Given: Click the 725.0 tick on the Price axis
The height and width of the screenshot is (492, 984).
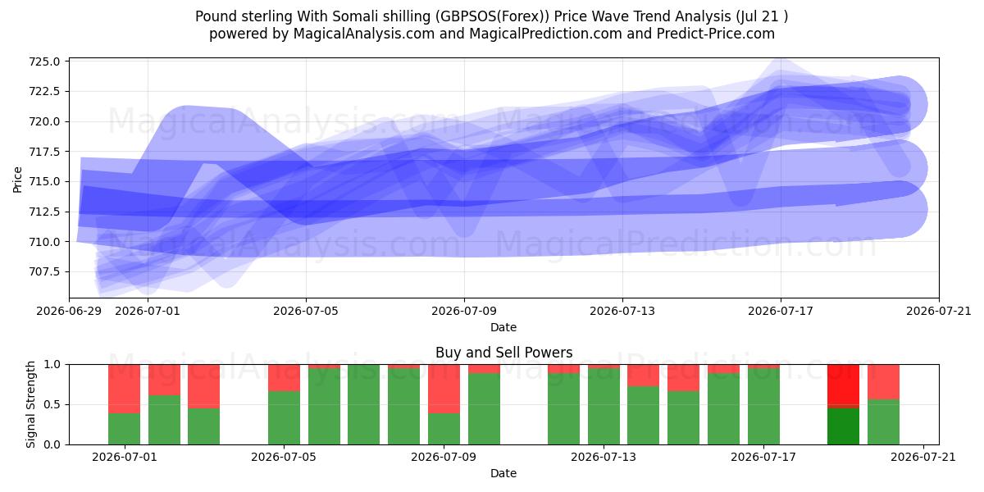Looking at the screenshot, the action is pyautogui.click(x=44, y=61).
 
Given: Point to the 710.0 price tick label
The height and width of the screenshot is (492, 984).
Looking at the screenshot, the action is pyautogui.click(x=44, y=242).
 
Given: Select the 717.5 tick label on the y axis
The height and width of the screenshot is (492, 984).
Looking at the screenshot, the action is pyautogui.click(x=44, y=152).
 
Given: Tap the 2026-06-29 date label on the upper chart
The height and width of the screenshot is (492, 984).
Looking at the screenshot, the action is pyautogui.click(x=69, y=311).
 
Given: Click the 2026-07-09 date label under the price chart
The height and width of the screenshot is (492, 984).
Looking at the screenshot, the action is pyautogui.click(x=464, y=311).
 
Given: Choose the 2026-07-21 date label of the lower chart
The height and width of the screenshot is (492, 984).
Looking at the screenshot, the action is pyautogui.click(x=923, y=457).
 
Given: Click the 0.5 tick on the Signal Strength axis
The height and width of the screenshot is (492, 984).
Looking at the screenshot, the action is pyautogui.click(x=52, y=404).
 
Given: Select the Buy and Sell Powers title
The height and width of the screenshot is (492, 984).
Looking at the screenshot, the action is pyautogui.click(x=503, y=353).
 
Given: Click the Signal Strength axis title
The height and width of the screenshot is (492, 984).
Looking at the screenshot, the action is pyautogui.click(x=30, y=404).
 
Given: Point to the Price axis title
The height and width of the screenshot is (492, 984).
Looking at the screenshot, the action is pyautogui.click(x=17, y=180).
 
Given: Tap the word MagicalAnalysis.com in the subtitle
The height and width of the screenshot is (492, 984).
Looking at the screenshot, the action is pyautogui.click(x=364, y=34).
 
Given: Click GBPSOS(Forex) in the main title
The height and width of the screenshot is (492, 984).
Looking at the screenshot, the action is pyautogui.click(x=493, y=16).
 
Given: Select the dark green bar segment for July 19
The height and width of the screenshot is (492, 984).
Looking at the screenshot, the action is pyautogui.click(x=844, y=426).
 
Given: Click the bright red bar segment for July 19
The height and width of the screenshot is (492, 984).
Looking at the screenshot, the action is pyautogui.click(x=844, y=386).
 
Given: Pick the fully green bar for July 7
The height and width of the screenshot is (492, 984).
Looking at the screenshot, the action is pyautogui.click(x=364, y=404).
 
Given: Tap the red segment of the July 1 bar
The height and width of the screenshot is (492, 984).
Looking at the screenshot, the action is pyautogui.click(x=125, y=389).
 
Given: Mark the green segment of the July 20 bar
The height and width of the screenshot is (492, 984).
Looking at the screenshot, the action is pyautogui.click(x=883, y=421).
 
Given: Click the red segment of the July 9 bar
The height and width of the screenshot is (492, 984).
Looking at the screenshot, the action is pyautogui.click(x=444, y=389).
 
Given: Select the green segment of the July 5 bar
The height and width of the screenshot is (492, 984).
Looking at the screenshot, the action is pyautogui.click(x=285, y=417).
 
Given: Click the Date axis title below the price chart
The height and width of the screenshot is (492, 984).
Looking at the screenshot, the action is pyautogui.click(x=503, y=327).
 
